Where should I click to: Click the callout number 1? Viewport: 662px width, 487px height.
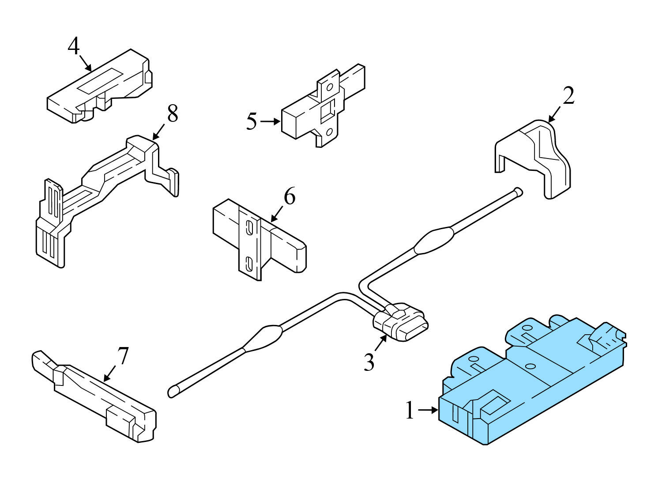coord(410,411)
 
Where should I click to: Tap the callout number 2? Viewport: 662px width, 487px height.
coord(568,96)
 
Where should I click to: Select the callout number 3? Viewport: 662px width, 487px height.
coord(369,362)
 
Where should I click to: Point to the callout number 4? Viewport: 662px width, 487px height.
coord(74,46)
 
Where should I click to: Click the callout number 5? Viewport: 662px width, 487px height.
coord(251,121)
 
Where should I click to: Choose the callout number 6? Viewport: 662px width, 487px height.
coord(289,196)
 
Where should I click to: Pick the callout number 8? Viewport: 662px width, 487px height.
coord(172,113)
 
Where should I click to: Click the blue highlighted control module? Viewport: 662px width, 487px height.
coord(530,380)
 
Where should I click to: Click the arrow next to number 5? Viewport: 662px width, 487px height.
coord(270,121)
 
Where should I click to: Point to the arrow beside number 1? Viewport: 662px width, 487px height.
coord(428,411)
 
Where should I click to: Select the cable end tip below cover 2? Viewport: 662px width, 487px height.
coord(519,192)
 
